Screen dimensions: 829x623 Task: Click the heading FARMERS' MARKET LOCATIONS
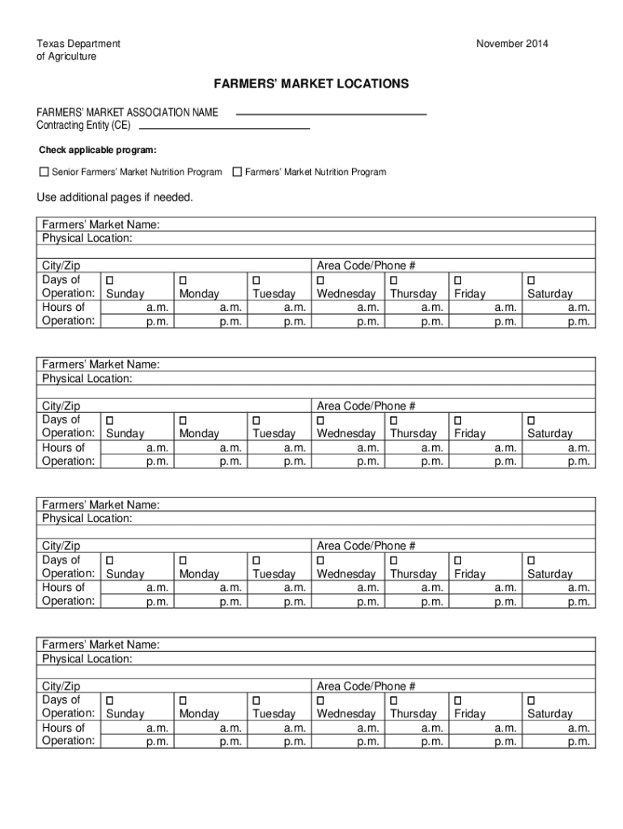pos(311,84)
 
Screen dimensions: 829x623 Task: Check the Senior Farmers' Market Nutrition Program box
pos(44,172)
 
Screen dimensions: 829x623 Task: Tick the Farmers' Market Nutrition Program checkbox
pos(237,172)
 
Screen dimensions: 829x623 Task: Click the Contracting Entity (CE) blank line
pos(224,127)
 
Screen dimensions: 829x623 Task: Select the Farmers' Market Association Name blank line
pos(330,113)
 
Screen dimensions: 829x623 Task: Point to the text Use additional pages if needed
pos(115,198)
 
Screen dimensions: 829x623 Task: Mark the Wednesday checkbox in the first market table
pos(321,280)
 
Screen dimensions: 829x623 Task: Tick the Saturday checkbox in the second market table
pos(532,420)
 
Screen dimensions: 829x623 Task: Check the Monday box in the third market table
pos(183,560)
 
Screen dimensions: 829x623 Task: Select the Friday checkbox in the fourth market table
pos(458,700)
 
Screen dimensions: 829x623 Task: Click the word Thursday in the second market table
pos(413,434)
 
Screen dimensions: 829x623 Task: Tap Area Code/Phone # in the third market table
pos(366,546)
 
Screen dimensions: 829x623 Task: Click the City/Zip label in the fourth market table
pos(61,687)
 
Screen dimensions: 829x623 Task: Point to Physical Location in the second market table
pos(87,378)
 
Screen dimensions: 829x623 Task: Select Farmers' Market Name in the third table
pos(100,505)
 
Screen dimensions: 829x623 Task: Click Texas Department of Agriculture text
pos(78,49)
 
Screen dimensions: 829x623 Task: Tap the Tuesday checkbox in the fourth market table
pos(256,700)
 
